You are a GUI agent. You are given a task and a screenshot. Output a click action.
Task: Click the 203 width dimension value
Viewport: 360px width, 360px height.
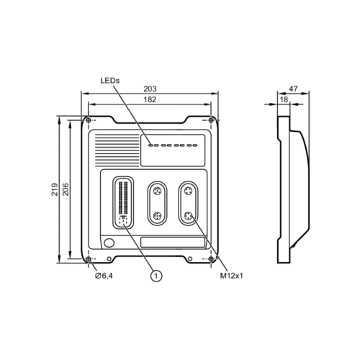(150, 89)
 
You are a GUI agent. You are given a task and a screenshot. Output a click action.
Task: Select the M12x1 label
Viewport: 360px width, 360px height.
(230, 275)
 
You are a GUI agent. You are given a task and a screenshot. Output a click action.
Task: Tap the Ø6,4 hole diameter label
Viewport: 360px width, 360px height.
(105, 275)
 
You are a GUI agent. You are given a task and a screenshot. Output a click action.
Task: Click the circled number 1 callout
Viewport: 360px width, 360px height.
(156, 274)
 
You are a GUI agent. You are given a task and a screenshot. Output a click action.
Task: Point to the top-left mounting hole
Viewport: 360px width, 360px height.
(88, 120)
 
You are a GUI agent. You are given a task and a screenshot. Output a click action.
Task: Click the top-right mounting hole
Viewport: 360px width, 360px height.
(211, 120)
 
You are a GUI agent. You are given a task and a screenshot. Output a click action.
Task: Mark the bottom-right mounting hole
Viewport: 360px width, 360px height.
(211, 258)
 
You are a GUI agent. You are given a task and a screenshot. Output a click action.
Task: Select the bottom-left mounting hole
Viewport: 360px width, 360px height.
(88, 258)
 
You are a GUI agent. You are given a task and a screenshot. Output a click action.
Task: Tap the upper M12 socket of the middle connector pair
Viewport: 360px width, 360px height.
(156, 192)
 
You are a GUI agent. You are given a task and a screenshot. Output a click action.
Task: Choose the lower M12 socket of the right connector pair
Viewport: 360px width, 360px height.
(189, 215)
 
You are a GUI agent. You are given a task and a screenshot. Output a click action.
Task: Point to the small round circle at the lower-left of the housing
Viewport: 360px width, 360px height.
(109, 242)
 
